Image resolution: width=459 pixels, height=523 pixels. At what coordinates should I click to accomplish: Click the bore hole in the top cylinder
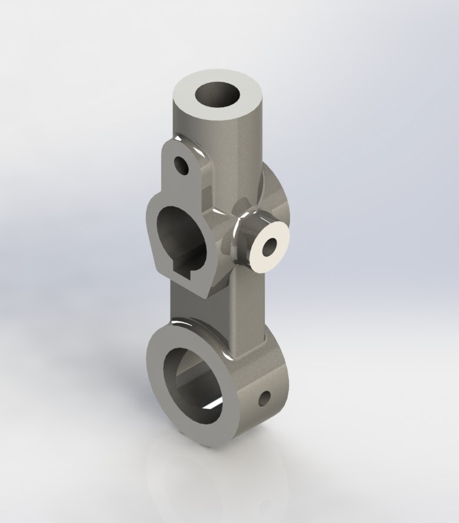(218, 94)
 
